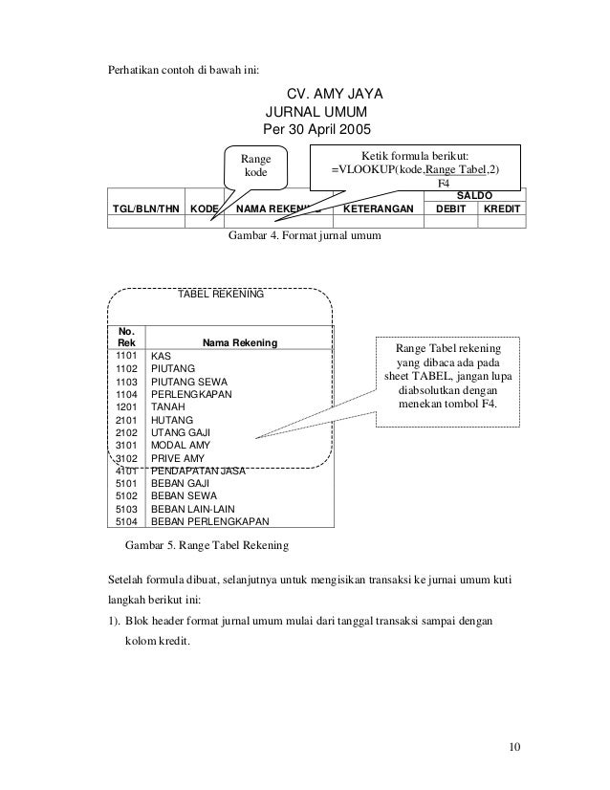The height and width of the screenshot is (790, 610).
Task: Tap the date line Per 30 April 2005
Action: (315, 129)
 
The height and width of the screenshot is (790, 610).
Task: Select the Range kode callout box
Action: (255, 165)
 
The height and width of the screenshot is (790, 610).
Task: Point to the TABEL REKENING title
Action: (222, 296)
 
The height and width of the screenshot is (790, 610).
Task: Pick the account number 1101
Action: (126, 355)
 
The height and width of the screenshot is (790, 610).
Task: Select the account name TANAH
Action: (168, 406)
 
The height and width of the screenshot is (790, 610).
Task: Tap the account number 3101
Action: (126, 445)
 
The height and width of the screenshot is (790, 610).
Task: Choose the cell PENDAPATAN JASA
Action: (199, 471)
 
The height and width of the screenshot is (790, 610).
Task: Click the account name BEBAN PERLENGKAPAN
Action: (209, 522)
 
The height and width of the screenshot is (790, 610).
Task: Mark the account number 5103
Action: (126, 510)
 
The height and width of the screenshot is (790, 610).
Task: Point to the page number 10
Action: (516, 747)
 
